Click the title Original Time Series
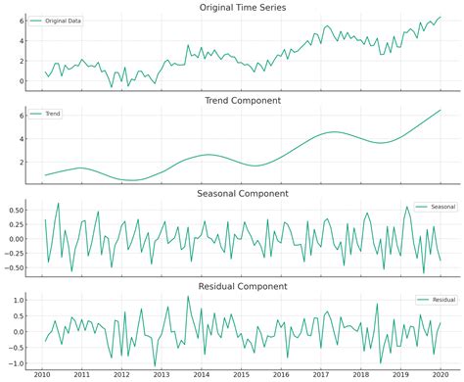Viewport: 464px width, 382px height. click(243, 8)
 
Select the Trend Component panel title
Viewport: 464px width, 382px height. click(243, 101)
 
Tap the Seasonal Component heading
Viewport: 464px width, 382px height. click(243, 194)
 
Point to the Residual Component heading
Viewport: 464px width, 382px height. click(243, 286)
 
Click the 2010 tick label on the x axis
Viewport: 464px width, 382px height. click(42, 374)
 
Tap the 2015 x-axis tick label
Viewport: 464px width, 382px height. click(241, 374)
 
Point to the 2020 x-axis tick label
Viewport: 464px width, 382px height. click(440, 374)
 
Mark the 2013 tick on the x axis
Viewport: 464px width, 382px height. click(162, 374)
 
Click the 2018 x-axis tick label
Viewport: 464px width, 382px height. click(360, 374)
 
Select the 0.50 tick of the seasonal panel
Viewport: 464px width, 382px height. click(16, 210)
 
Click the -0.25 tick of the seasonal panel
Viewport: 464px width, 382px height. click(15, 253)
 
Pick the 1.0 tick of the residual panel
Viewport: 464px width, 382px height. click(19, 299)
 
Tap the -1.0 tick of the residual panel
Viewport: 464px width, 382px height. click(17, 363)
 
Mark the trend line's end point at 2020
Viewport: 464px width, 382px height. click(440, 110)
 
